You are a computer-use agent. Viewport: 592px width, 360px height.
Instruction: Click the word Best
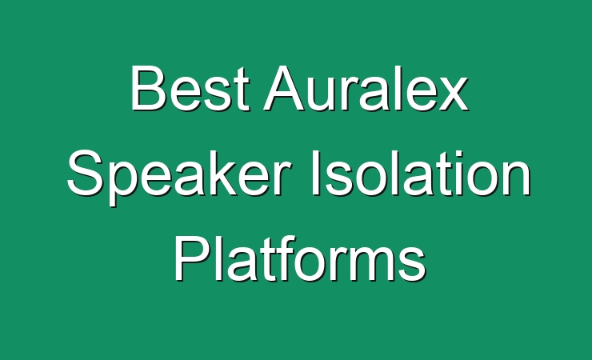[x=190, y=88]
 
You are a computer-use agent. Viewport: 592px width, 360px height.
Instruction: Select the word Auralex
[x=366, y=88]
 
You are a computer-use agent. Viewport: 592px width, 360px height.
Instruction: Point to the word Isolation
[x=421, y=173]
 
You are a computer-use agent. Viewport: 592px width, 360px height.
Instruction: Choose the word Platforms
[x=300, y=258]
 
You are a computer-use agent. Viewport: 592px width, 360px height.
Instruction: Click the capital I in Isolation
[x=315, y=173]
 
